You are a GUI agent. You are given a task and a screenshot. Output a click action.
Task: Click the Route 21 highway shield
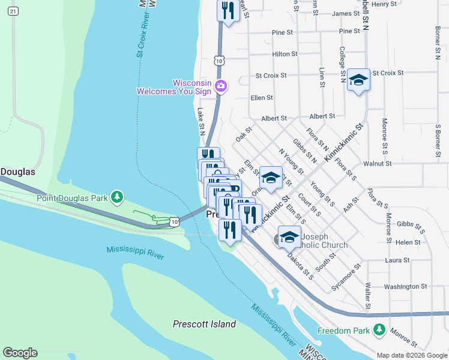point(14,11)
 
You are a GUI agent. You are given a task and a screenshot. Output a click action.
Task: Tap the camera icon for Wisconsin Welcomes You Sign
point(220,86)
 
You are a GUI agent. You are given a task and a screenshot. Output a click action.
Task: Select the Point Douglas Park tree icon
point(119,197)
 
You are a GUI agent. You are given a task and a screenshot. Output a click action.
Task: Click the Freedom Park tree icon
point(379,329)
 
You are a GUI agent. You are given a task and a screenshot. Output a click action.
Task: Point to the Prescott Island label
point(204,324)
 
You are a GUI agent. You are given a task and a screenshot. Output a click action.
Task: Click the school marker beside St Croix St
point(358,80)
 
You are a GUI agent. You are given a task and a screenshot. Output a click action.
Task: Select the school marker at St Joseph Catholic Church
point(289,236)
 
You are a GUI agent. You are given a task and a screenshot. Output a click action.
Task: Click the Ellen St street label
point(262,97)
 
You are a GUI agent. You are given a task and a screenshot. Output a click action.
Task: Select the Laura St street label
point(397,260)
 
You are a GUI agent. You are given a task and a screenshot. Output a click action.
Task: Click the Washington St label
point(405,287)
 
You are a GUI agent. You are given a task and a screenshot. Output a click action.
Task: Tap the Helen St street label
point(408,242)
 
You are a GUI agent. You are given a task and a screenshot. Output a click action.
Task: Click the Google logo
point(20,353)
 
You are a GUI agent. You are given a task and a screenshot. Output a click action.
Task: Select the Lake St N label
point(201,121)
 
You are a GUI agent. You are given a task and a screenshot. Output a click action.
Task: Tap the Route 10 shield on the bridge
point(174,222)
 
